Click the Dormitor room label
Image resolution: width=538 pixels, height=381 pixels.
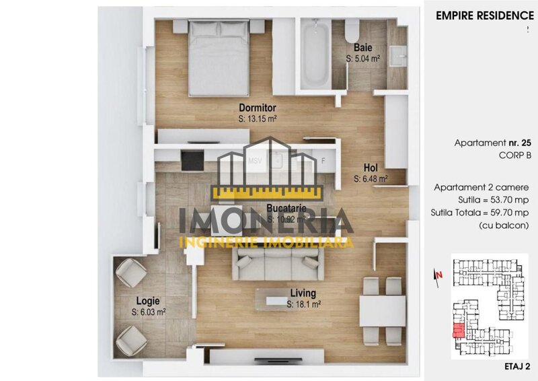[258, 107]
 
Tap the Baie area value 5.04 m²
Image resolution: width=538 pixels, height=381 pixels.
[363, 59]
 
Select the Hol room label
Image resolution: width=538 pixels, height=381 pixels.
[371, 168]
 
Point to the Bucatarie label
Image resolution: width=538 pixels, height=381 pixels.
[286, 209]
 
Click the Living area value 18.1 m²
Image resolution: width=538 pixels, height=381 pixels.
[303, 305]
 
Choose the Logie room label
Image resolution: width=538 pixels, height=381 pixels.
[148, 302]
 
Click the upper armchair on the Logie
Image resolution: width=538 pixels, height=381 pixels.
[130, 273]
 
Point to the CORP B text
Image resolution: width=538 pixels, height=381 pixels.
[515, 155]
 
